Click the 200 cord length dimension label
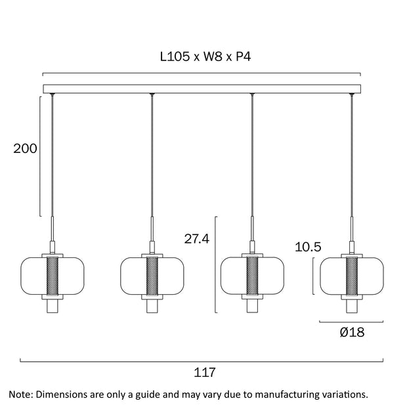pyautogui.click(x=25, y=149)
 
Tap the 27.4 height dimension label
pyautogui.click(x=196, y=239)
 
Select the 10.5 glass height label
pyautogui.click(x=308, y=247)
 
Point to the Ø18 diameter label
pyautogui.click(x=352, y=332)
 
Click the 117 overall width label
pyautogui.click(x=205, y=372)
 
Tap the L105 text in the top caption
pyautogui.click(x=175, y=56)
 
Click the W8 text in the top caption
pyautogui.click(x=213, y=56)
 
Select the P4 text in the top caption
pyautogui.click(x=243, y=56)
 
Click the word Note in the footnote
pyautogui.click(x=20, y=395)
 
